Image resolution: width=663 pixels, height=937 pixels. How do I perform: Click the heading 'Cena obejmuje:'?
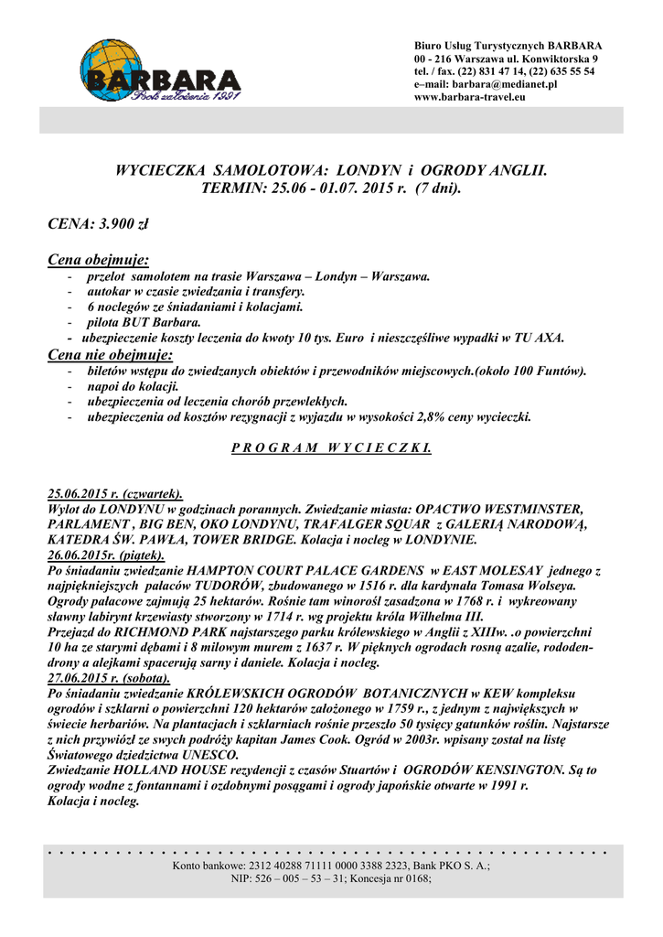(x=99, y=260)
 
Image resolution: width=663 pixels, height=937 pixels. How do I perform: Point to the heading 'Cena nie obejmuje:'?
(x=110, y=354)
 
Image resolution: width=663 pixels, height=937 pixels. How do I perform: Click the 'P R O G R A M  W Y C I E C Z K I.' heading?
(x=330, y=451)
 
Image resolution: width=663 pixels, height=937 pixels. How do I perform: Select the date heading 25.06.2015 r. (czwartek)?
(x=114, y=492)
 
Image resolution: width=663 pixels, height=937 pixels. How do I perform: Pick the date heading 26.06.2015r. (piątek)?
(x=105, y=555)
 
